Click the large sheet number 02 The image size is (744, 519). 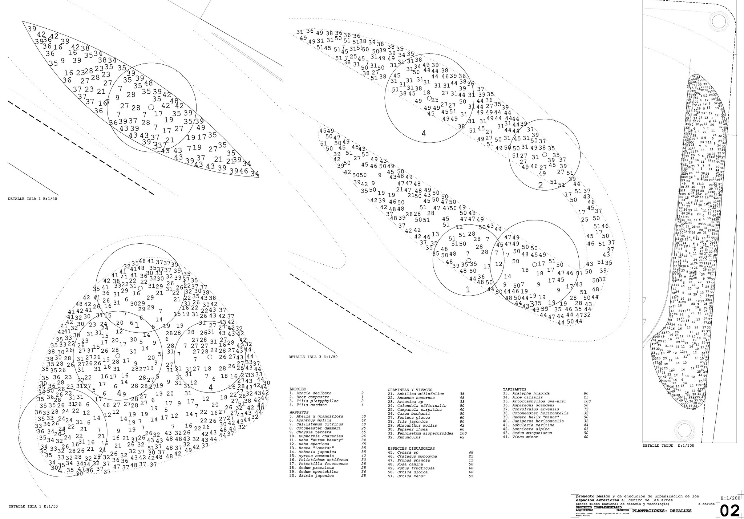[x=729, y=511]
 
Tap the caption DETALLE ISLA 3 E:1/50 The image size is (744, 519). [x=313, y=357]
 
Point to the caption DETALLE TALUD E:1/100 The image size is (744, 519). [x=663, y=446]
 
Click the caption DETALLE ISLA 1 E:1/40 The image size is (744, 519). [x=33, y=199]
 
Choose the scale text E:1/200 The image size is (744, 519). [x=729, y=499]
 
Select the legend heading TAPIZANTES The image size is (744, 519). [x=514, y=389]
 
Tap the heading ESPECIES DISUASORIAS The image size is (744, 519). [x=411, y=449]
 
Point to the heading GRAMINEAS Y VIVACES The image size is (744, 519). [x=410, y=390]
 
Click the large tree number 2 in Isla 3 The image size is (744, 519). [x=540, y=186]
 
